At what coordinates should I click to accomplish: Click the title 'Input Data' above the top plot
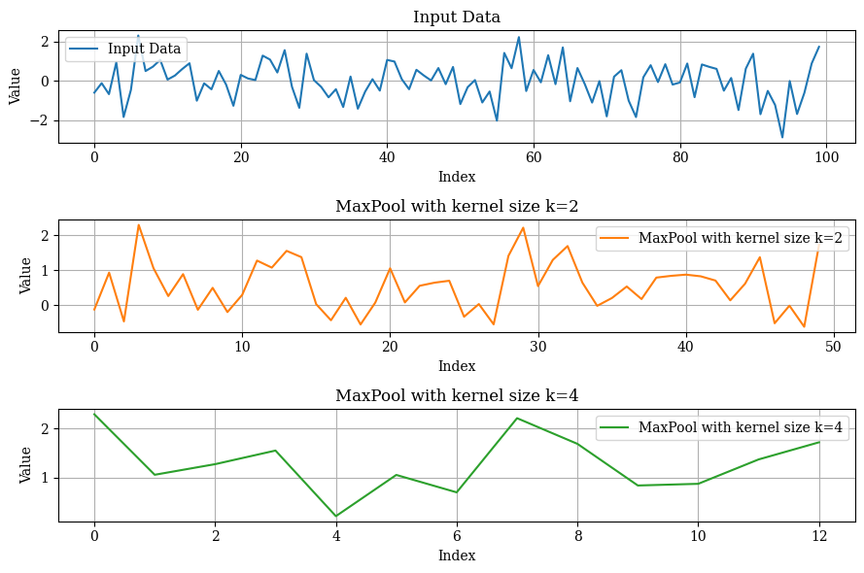[x=457, y=17]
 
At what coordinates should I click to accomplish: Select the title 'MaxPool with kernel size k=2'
[x=457, y=206]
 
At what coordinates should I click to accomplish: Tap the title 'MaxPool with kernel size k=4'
[x=457, y=395]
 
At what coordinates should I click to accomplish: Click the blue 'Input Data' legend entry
[x=126, y=50]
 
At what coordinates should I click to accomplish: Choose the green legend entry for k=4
[x=721, y=427]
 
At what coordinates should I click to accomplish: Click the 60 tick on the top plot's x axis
[x=534, y=157]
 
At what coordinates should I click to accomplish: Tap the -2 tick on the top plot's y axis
[x=45, y=121]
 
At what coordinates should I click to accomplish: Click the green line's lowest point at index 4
[x=336, y=516]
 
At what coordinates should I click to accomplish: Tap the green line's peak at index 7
[x=517, y=418]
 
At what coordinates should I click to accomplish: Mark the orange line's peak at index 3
[x=138, y=224]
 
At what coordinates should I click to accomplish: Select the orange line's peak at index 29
[x=523, y=227]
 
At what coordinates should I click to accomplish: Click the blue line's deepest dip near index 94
[x=782, y=137]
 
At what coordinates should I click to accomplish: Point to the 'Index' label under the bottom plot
[x=457, y=556]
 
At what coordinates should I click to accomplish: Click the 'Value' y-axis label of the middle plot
[x=26, y=276]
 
